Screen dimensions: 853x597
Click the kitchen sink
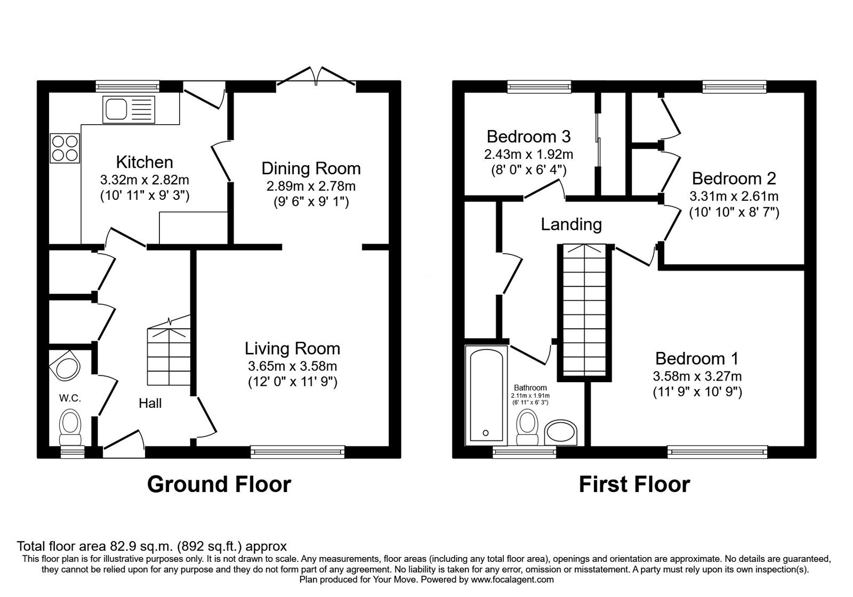tap(128, 110)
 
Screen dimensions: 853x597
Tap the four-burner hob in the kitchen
tap(65, 148)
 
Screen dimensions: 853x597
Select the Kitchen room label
tap(144, 162)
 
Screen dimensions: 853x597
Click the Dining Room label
tap(311, 168)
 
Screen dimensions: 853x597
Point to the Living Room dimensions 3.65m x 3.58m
tap(293, 366)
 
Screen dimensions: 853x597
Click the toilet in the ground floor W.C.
tap(70, 428)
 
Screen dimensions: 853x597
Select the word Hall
tap(150, 403)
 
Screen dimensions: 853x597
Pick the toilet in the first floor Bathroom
tap(527, 427)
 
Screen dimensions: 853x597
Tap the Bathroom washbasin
tap(560, 433)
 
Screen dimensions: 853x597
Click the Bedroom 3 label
tap(528, 136)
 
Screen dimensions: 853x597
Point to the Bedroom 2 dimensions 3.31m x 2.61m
tap(734, 197)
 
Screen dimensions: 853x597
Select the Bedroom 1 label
tap(697, 358)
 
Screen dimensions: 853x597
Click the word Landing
tap(571, 224)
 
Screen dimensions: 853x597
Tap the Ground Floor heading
tap(219, 485)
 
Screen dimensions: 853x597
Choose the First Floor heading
tap(634, 485)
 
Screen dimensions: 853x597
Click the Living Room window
tap(297, 451)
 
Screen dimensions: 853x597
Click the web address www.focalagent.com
tap(512, 580)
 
